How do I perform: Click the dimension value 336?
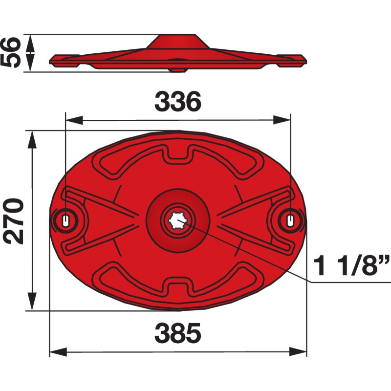coord(178,102)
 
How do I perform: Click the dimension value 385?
coord(178,333)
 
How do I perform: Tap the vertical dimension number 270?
coord(13,221)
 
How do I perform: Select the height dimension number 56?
coord(10,52)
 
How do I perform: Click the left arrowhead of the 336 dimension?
coord(74,120)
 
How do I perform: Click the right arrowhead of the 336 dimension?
coord(282,120)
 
